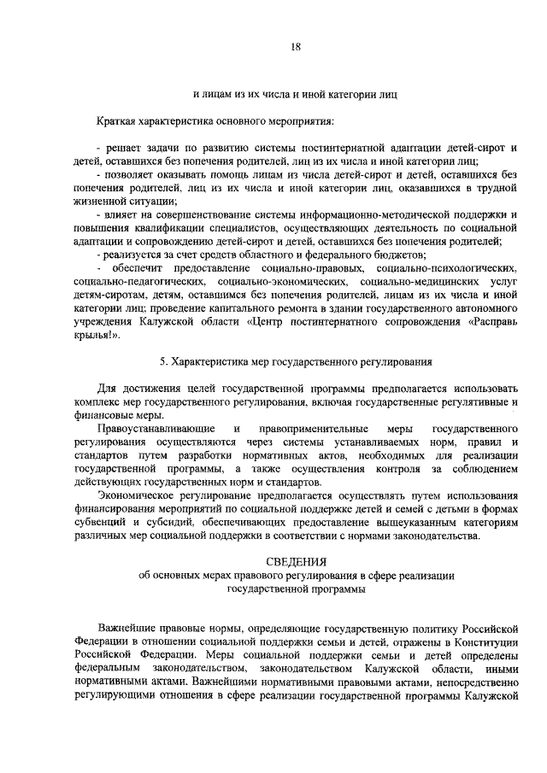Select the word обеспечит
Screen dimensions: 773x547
tap(144, 268)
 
